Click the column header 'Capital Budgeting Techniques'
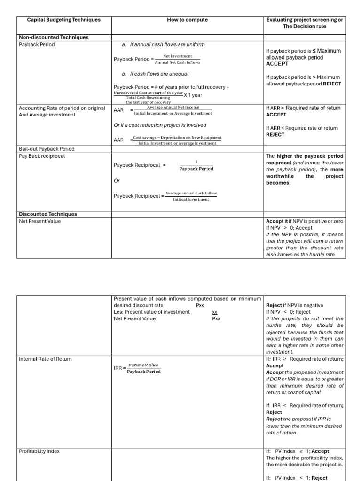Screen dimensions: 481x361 pyautogui.click(x=63, y=20)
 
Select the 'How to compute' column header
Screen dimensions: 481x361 pyautogui.click(x=187, y=20)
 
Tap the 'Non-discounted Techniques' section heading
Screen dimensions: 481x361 pyautogui.click(x=54, y=37)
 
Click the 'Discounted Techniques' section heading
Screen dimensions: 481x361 pyautogui.click(x=47, y=214)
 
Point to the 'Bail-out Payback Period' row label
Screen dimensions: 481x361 pyautogui.click(x=47, y=149)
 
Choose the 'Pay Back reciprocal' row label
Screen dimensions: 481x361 pyautogui.click(x=42, y=156)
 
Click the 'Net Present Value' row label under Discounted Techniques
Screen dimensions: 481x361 pyautogui.click(x=39, y=221)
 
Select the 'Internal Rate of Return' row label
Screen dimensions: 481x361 pyautogui.click(x=46, y=359)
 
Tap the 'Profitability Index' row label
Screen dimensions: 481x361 pyautogui.click(x=39, y=451)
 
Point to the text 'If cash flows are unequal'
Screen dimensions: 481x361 pyautogui.click(x=159, y=74)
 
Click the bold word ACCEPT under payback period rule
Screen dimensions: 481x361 pyautogui.click(x=277, y=64)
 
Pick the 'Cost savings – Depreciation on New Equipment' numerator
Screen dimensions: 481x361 pyautogui.click(x=177, y=138)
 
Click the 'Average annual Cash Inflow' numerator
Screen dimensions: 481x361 pyautogui.click(x=191, y=193)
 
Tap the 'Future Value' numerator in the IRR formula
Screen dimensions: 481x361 pyautogui.click(x=143, y=365)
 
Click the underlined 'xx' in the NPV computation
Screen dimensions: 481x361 pyautogui.click(x=215, y=312)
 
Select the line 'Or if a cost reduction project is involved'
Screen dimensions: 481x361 pyautogui.click(x=160, y=125)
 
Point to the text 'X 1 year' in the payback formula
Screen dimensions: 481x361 pyautogui.click(x=193, y=95)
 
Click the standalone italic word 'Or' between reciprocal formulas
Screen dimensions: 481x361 pyautogui.click(x=117, y=180)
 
